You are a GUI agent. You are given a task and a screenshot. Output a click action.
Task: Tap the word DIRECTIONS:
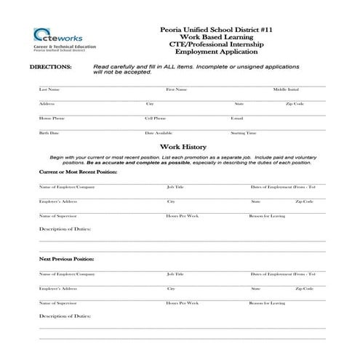click(x=50, y=66)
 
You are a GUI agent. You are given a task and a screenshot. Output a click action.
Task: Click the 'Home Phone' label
click(x=52, y=118)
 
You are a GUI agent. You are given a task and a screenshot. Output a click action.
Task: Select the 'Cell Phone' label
click(x=156, y=118)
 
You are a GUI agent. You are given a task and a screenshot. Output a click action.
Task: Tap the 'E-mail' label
click(x=236, y=118)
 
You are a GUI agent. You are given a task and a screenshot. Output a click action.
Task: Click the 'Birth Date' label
click(x=49, y=133)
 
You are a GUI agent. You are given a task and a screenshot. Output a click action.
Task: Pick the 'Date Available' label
click(x=159, y=133)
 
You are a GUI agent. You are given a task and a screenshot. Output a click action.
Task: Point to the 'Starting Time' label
click(x=244, y=133)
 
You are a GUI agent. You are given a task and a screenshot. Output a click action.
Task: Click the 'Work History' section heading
click(x=180, y=148)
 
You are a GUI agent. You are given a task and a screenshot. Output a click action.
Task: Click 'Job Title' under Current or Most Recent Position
click(x=175, y=187)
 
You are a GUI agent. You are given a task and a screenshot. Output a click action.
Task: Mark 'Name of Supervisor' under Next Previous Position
click(x=57, y=302)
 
